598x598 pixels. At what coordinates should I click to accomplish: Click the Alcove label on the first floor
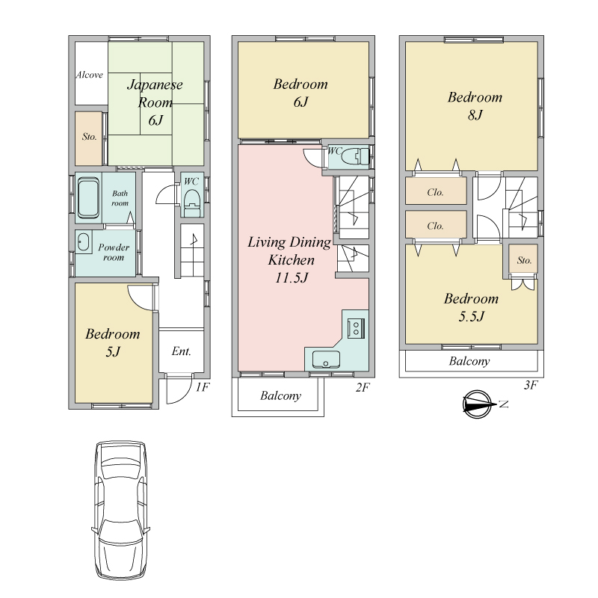(x=89, y=75)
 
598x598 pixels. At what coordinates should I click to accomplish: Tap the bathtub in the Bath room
(x=88, y=198)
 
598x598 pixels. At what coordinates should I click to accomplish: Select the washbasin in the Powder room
(x=83, y=241)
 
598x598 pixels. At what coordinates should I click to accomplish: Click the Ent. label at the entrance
(x=181, y=351)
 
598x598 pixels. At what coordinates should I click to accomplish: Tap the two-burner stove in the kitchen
(x=356, y=328)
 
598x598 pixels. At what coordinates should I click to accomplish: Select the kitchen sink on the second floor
(x=326, y=360)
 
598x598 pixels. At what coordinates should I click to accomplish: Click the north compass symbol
(x=478, y=404)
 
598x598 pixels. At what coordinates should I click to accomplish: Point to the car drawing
(x=120, y=511)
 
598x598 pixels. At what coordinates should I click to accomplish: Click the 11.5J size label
(x=292, y=278)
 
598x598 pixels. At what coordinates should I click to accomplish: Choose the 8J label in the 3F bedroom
(x=475, y=115)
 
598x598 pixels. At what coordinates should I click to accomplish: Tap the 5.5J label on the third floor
(x=472, y=316)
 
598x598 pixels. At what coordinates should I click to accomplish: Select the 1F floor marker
(x=203, y=387)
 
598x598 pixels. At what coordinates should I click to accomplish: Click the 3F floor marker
(x=531, y=385)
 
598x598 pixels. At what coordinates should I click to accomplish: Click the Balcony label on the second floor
(x=281, y=396)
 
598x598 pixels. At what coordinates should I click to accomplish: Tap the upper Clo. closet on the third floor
(x=436, y=191)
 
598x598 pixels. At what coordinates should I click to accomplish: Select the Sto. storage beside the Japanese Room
(x=89, y=138)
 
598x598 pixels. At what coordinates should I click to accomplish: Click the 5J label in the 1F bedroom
(x=113, y=351)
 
